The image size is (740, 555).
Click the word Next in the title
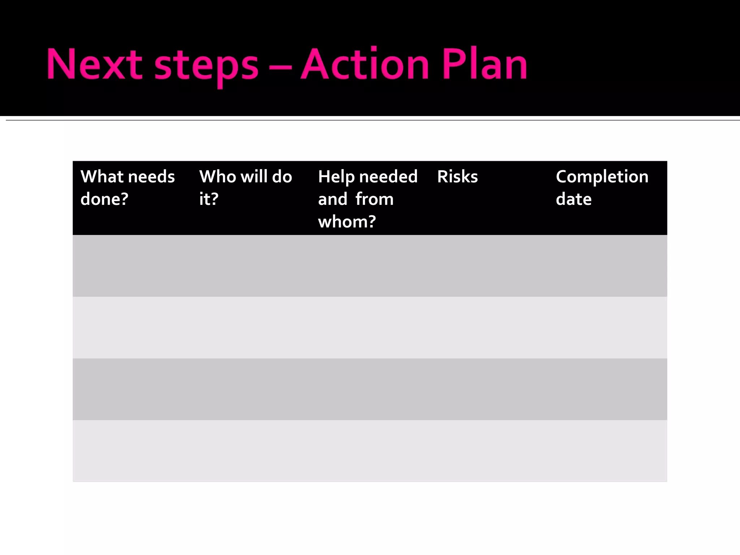click(94, 64)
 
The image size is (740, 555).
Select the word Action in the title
click(365, 64)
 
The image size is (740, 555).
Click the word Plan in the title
click(485, 64)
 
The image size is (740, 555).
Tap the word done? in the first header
click(104, 199)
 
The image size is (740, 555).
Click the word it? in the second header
click(209, 199)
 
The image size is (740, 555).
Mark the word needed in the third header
click(388, 177)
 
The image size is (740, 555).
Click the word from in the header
click(374, 199)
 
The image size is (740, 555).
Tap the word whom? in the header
click(347, 221)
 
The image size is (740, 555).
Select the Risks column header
click(457, 177)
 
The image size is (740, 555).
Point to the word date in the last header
click(573, 199)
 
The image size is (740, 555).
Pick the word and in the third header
click(332, 199)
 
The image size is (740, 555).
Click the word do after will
click(282, 177)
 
